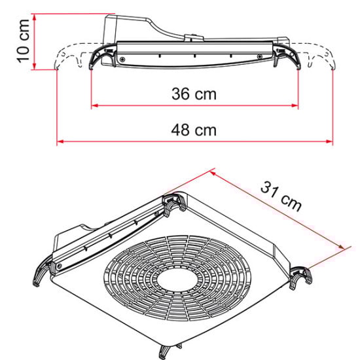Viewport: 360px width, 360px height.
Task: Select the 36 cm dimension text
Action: tap(194, 94)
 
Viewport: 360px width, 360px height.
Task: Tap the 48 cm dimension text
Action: tap(194, 130)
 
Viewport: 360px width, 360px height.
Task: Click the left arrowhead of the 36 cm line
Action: tap(94, 105)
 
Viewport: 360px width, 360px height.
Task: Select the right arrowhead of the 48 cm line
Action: tap(331, 140)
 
